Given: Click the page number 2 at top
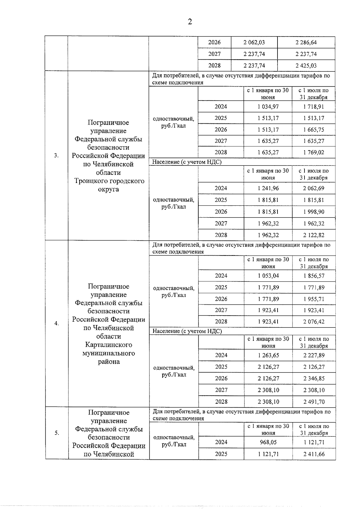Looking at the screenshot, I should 190,22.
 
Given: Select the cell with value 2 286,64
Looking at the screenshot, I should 306,42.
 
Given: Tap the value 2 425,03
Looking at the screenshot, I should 306,65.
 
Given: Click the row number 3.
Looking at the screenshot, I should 56,155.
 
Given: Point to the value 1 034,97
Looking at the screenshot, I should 268,106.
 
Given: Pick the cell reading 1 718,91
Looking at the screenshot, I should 313,106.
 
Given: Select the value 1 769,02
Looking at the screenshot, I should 313,152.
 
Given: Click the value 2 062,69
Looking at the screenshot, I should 313,188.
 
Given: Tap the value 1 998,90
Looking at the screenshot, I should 313,212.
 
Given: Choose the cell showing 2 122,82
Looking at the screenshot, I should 313,235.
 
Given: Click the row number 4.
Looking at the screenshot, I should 56,323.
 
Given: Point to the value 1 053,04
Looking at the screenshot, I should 268,276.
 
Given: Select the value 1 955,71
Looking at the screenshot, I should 314,299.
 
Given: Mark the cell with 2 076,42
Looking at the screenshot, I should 314,322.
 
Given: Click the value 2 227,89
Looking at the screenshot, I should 314,355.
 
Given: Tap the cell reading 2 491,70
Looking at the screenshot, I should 314,402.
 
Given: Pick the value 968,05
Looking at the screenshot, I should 268,442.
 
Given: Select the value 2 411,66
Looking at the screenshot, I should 314,454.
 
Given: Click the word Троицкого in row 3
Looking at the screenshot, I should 91,181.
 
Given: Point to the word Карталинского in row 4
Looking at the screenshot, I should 109,345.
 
